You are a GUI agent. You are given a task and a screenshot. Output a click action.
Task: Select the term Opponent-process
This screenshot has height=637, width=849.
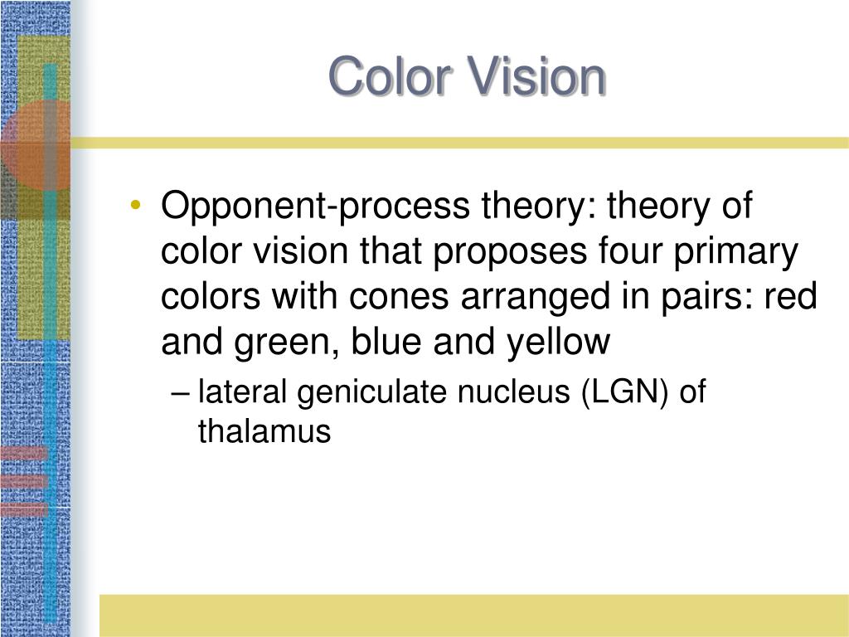coord(315,207)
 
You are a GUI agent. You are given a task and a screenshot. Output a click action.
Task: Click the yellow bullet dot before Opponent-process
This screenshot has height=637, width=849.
coord(135,205)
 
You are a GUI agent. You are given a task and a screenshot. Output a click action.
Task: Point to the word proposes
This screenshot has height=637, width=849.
coord(510,252)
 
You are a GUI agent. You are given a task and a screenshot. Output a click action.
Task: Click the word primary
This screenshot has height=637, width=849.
coord(736,252)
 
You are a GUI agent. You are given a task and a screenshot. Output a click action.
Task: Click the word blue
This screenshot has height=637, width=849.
coord(386,341)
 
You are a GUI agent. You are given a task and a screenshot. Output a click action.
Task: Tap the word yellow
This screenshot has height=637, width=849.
coord(559,343)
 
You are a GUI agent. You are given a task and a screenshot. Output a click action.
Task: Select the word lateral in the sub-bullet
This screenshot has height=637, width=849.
coord(242,391)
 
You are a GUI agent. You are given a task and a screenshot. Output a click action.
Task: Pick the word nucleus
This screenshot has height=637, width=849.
coord(514,392)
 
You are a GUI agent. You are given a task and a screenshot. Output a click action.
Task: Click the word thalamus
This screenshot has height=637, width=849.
coord(264,431)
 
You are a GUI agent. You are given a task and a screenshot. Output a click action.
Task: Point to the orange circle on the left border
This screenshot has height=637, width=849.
coord(35,144)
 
